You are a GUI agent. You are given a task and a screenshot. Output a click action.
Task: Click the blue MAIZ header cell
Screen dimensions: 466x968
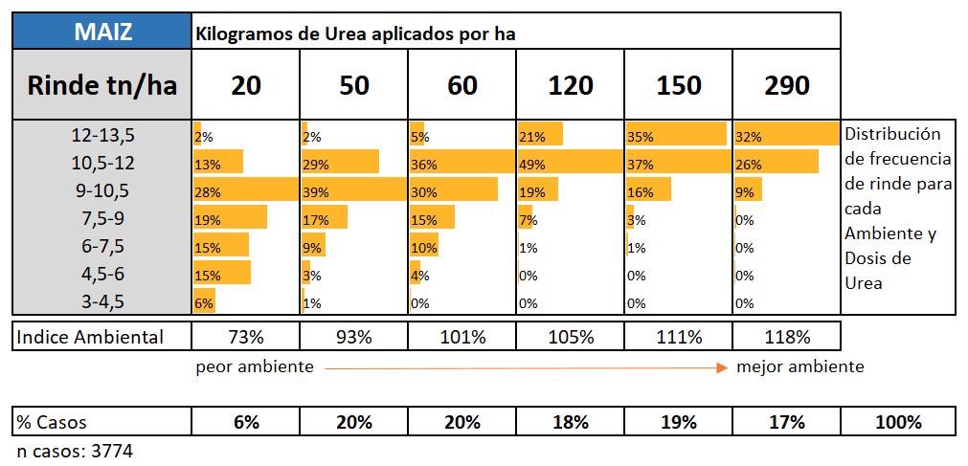pos(101,33)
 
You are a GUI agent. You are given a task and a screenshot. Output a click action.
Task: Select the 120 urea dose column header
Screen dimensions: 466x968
pos(570,85)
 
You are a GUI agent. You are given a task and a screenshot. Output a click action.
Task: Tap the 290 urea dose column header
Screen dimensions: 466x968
pos(786,85)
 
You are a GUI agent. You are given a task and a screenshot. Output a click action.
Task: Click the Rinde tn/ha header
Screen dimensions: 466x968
pos(101,85)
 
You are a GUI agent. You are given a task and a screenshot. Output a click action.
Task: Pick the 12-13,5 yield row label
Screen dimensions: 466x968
pos(101,135)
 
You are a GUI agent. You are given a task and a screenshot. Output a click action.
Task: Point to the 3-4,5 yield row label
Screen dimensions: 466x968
pos(101,302)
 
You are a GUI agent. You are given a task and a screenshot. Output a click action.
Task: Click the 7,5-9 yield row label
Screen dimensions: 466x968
pos(101,218)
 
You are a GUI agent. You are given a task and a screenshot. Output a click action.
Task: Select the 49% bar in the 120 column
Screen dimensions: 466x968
pos(570,163)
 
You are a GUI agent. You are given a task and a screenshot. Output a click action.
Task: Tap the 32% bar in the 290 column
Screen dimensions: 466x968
pos(786,135)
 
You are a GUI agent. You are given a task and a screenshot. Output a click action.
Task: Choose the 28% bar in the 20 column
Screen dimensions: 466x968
pos(246,190)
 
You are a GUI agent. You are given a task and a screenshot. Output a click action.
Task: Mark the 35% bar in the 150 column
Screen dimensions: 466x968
pos(675,135)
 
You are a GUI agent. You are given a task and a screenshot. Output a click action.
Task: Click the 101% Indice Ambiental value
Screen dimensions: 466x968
pos(461,337)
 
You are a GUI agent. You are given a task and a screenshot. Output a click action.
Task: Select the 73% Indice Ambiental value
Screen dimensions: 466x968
pos(246,337)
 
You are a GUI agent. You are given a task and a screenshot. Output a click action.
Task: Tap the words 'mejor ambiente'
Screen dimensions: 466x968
pos(799,366)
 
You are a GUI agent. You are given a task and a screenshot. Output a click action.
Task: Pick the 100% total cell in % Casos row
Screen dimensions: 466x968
pos(897,422)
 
